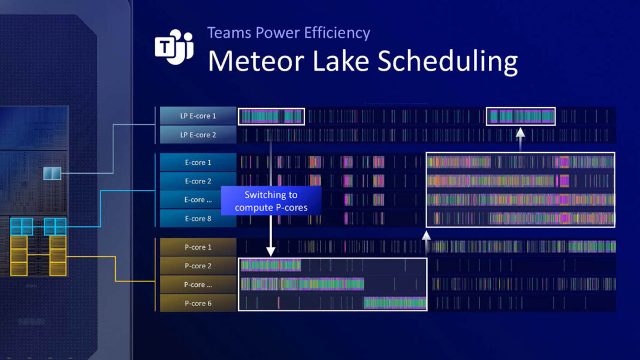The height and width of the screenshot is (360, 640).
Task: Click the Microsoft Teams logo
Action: [174, 46]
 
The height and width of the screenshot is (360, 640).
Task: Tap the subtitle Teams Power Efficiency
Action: [288, 32]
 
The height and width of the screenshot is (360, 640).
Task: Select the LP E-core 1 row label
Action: [198, 116]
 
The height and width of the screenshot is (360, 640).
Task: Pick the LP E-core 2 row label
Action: [198, 135]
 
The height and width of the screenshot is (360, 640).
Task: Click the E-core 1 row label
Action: [198, 162]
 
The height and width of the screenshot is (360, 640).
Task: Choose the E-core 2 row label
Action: [198, 181]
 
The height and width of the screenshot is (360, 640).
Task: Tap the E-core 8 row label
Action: [198, 219]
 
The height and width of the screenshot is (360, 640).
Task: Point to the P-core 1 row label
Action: [198, 247]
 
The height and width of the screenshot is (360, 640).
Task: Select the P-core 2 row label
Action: [198, 265]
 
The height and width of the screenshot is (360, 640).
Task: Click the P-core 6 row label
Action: [198, 303]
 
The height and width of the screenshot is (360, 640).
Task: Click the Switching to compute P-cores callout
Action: [271, 201]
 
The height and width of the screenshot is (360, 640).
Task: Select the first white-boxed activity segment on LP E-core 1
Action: [271, 116]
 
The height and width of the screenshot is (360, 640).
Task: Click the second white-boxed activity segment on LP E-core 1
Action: [521, 116]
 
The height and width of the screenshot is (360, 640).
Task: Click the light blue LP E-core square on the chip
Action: [52, 174]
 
